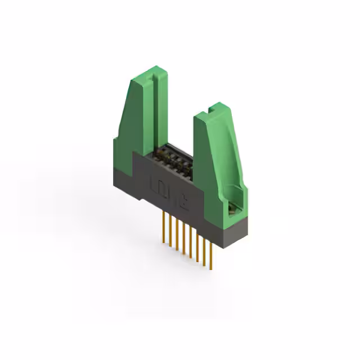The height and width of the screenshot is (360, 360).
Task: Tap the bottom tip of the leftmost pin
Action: point(163,242)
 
